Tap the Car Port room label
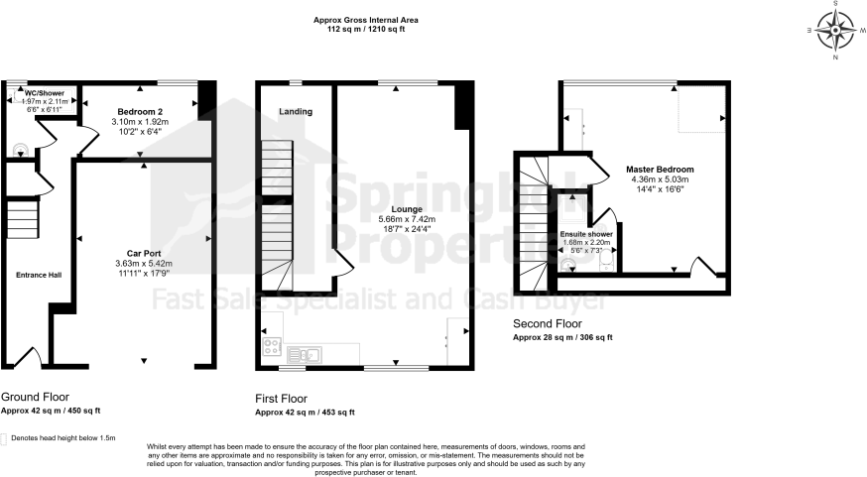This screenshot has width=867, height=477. point(145,253)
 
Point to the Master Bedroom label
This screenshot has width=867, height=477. point(660,170)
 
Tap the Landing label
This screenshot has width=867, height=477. point(296,112)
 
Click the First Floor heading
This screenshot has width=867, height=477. point(288,397)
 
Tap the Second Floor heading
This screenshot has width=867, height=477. point(548,323)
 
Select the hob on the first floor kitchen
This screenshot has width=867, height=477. point(271,347)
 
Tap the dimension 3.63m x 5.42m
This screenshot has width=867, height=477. point(145,263)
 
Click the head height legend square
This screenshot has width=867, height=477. point(5,437)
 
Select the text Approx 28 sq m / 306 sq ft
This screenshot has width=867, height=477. point(562,337)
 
